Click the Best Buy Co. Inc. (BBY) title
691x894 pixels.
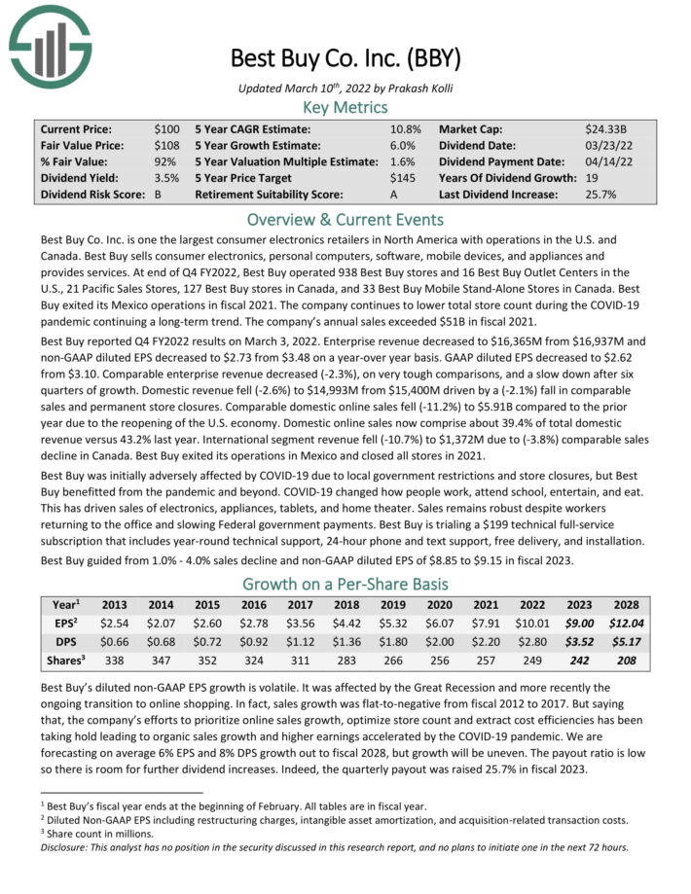[x=345, y=57]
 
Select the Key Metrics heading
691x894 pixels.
[x=345, y=107]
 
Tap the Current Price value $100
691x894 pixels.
[x=166, y=128]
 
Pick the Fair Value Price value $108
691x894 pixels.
[x=166, y=145]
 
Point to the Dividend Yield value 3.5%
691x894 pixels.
[x=166, y=178]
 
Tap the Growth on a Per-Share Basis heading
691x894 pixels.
[x=345, y=584]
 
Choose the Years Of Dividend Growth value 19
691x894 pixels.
[x=593, y=178]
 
